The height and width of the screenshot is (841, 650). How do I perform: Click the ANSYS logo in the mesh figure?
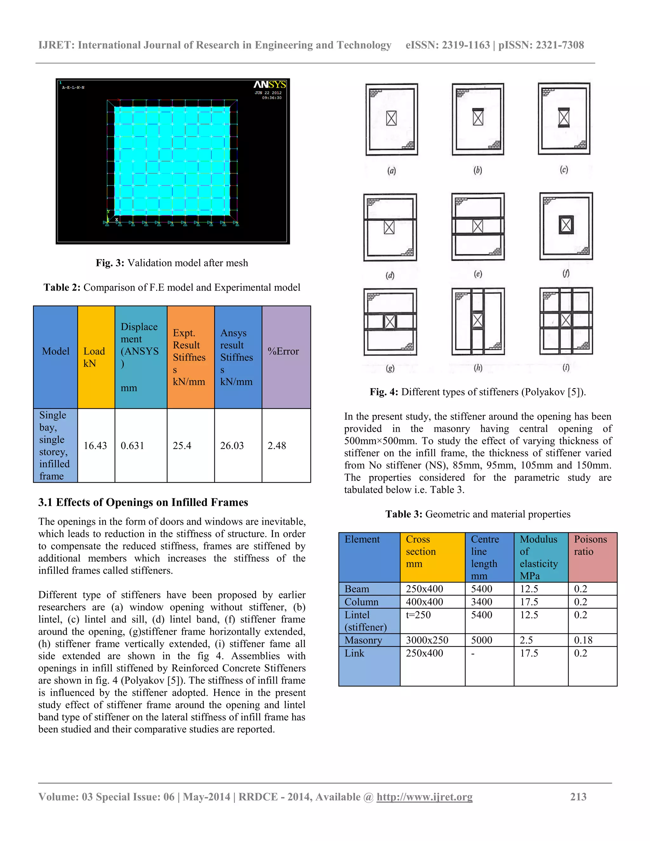tap(269, 84)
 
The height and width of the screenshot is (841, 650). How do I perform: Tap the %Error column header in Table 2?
tap(283, 351)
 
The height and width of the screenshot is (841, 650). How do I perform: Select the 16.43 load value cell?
tap(95, 446)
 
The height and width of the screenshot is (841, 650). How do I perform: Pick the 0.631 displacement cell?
tap(132, 446)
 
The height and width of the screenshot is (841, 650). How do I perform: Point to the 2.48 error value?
tap(276, 446)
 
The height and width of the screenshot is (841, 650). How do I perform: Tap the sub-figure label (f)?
tap(566, 273)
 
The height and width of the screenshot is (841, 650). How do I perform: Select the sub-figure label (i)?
tap(566, 368)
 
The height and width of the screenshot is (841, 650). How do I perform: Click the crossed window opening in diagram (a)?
tap(391, 118)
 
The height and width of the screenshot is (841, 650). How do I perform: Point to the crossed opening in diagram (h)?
tap(477, 320)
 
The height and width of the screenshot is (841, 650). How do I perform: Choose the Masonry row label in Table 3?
tap(363, 640)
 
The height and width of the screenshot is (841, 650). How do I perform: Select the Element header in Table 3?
tap(362, 539)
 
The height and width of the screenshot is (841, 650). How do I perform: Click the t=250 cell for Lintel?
tap(418, 615)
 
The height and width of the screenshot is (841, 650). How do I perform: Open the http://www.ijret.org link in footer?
tap(424, 797)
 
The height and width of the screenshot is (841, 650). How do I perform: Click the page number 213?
tap(578, 797)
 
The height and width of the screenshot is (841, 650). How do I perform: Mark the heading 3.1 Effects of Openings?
tap(143, 502)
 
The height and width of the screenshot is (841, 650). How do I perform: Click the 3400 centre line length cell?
tap(481, 602)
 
